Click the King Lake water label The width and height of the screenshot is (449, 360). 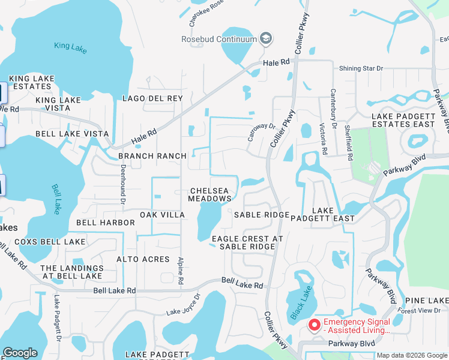coord(70,46)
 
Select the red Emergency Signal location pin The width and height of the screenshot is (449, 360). coord(313,325)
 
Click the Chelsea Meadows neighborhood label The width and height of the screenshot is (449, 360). coord(209,194)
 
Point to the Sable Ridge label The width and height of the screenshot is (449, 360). coord(262,215)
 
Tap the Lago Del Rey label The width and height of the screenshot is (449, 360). coord(152,98)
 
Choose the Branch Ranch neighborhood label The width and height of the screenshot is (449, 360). coord(152,156)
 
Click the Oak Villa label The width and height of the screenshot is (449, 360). coord(162,215)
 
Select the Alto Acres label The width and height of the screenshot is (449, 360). coord(143,259)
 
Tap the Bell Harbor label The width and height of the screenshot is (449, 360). coord(106,223)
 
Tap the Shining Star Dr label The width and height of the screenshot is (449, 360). coord(361,68)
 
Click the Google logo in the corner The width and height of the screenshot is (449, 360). coord(20,353)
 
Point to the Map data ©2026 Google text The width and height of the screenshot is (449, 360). coord(412,355)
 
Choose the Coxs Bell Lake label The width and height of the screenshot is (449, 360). coord(50,242)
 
